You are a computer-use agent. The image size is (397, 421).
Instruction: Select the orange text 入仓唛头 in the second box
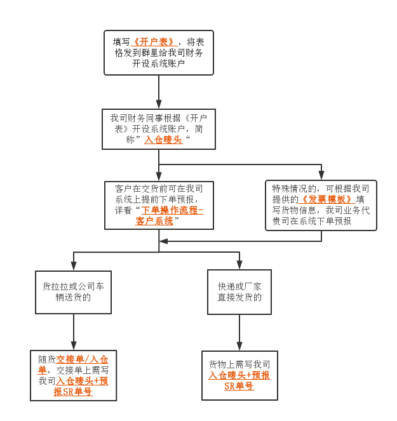163,140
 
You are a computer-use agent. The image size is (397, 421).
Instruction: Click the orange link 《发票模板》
326,199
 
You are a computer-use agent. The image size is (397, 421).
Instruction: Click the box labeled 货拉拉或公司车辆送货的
73,292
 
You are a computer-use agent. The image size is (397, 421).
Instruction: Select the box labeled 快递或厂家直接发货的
239,291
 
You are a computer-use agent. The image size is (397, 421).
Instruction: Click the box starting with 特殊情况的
321,204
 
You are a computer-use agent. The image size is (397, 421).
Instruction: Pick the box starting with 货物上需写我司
239,375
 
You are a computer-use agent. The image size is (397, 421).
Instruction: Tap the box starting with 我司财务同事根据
159,129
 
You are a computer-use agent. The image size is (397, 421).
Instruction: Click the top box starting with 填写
159,53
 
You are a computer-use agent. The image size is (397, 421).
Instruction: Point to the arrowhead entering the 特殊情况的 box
321,176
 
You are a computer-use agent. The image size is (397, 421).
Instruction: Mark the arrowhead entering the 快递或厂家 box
239,265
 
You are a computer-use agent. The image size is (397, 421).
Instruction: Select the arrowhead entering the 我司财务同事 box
159,104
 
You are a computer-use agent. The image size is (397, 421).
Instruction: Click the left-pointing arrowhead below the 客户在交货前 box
163,241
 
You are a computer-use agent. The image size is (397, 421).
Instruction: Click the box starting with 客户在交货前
159,205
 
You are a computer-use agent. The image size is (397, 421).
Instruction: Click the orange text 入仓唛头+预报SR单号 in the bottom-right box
239,380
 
